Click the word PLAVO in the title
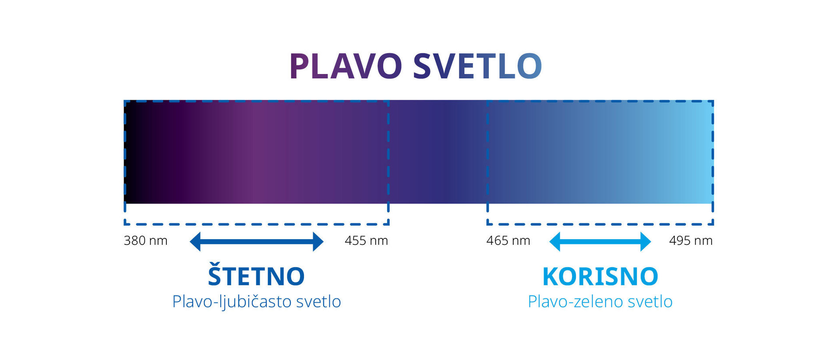pos(346,66)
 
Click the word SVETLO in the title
pos(477,66)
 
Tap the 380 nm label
pos(146,240)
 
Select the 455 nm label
pos(366,240)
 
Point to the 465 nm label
pos(508,240)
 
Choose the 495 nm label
pos(691,240)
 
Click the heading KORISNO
pos(600,276)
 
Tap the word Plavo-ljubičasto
pos(232,302)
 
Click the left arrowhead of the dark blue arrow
pos(195,241)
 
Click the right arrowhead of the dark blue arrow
pos(318,241)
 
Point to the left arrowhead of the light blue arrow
pos(554,241)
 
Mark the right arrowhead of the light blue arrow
pos(646,241)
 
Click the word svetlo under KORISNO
pos(650,302)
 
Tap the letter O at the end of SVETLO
pos(529,66)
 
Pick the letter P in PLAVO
pos(299,66)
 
